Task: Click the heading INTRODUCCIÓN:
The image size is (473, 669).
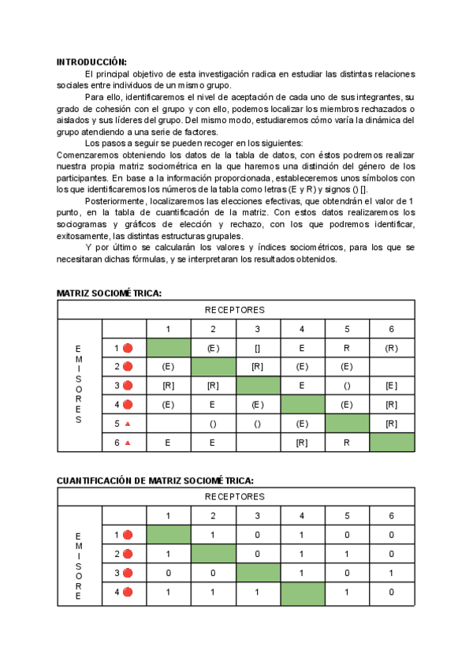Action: click(91, 62)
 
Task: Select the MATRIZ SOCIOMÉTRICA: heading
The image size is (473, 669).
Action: click(110, 293)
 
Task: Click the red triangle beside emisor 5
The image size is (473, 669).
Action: click(128, 424)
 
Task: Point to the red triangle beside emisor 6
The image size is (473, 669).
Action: click(128, 443)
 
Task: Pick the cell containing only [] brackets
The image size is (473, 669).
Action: click(257, 348)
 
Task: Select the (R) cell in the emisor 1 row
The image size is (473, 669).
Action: click(392, 348)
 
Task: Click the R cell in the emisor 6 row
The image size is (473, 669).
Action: click(347, 443)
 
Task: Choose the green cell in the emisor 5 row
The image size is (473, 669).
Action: click(347, 424)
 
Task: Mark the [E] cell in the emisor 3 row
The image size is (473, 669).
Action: click(392, 386)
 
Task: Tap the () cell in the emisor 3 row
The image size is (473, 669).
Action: click(347, 386)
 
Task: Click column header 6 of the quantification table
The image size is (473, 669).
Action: click(392, 516)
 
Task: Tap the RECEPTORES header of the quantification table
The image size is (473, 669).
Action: click(235, 497)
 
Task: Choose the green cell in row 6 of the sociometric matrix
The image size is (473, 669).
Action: click(392, 443)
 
